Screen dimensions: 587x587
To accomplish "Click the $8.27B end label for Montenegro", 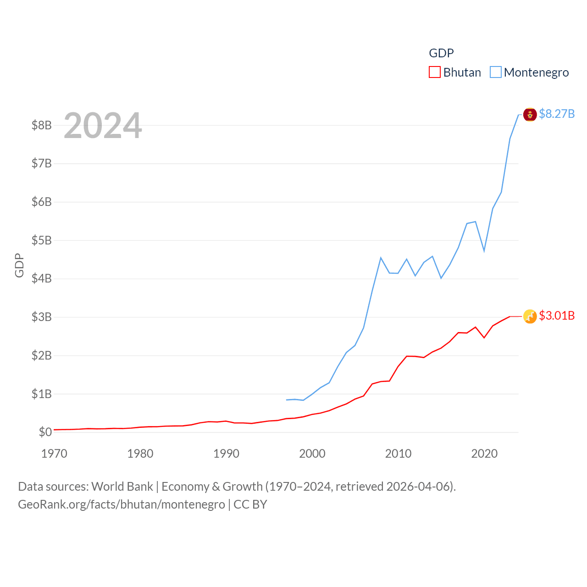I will tap(557, 114).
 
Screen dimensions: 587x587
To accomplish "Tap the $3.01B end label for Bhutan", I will tap(557, 316).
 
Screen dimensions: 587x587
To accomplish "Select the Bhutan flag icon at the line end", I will tap(530, 316).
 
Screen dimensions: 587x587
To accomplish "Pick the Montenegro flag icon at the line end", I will tap(530, 115).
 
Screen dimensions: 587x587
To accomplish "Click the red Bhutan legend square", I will tap(434, 72).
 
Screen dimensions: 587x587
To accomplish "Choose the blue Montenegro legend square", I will tap(495, 72).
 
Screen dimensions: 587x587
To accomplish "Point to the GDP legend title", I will tap(441, 53).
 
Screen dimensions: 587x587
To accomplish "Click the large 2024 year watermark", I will tap(103, 126).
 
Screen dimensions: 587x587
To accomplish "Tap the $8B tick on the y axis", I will tap(41, 125).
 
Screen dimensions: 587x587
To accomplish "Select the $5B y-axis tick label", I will tap(41, 240).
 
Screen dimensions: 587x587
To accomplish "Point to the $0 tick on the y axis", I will tap(45, 432).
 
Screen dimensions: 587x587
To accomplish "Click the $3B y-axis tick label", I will tap(41, 317).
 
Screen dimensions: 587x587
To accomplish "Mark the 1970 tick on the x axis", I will tap(54, 454).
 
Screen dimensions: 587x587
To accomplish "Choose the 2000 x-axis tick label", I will tap(312, 454).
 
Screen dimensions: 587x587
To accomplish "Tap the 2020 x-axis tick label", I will tap(484, 454).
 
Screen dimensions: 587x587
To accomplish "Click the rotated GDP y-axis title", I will tap(19, 265).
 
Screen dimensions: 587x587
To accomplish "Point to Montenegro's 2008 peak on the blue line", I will tap(381, 258).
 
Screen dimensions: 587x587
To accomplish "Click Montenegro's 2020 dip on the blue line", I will tap(484, 251).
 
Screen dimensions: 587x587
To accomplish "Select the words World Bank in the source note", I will tap(122, 486).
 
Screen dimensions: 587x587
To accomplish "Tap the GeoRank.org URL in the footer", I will tap(122, 504).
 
